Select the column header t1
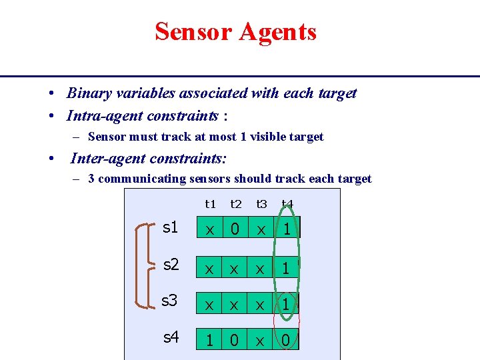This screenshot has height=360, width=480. [211, 204]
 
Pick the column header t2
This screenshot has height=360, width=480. [235, 204]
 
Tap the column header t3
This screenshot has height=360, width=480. [261, 204]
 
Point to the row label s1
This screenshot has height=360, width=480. [171, 227]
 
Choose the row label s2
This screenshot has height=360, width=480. [171, 265]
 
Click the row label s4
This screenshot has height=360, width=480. [171, 337]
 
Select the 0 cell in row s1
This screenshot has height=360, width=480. [235, 229]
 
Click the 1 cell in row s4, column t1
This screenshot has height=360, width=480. [209, 340]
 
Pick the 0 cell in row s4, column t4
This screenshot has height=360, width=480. [286, 340]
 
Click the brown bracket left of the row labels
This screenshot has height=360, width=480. [141, 265]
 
